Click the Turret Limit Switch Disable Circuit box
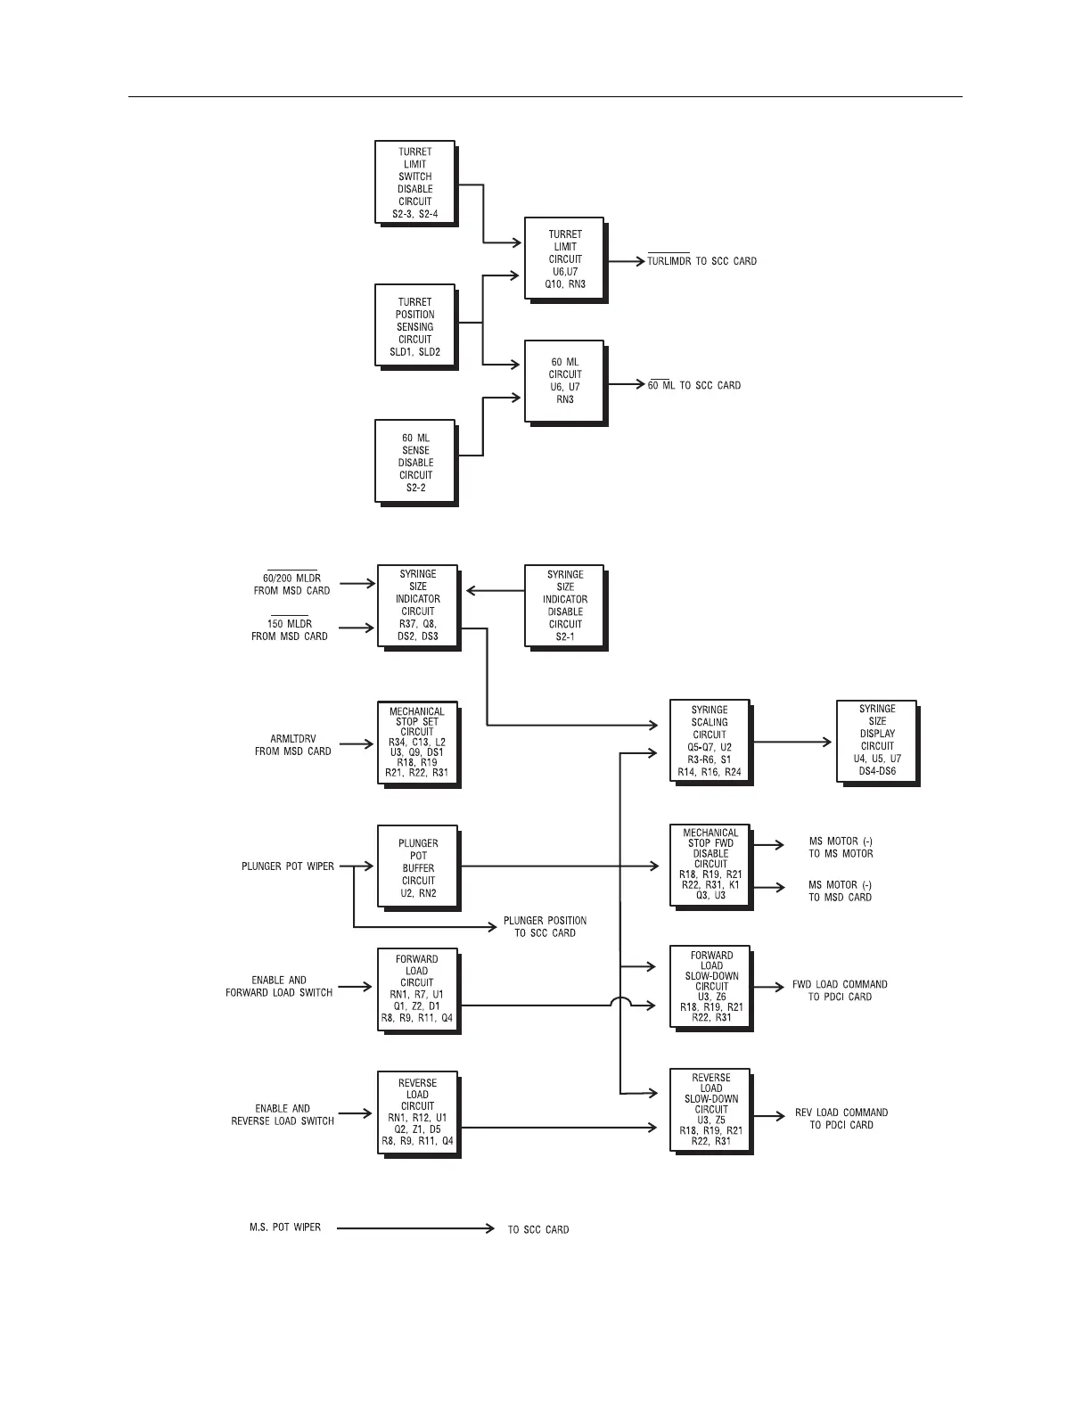tap(415, 183)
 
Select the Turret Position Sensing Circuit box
tap(415, 326)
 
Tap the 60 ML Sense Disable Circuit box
tap(415, 462)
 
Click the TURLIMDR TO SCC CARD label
tap(701, 261)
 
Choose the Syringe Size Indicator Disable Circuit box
tap(564, 605)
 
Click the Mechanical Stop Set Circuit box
tap(417, 743)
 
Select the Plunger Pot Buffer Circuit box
tap(417, 867)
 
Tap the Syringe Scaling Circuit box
tap(710, 741)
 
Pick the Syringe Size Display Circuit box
tap(877, 741)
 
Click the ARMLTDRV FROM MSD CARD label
tap(292, 745)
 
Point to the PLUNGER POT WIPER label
tap(288, 866)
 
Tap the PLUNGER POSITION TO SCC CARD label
tap(545, 927)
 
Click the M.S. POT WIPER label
tap(285, 1227)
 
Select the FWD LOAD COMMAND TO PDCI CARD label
tap(840, 990)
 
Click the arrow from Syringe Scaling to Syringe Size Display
tap(792, 741)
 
